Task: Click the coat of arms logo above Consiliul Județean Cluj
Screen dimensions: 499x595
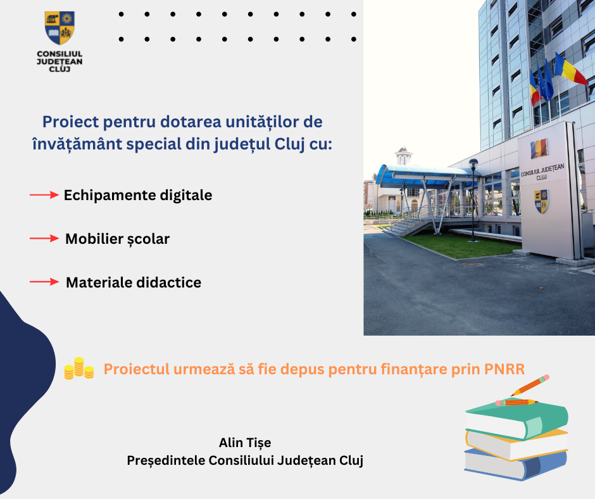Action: (59, 27)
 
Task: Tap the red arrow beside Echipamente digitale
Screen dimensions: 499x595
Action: (44, 196)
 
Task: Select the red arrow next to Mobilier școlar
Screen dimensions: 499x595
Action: (44, 239)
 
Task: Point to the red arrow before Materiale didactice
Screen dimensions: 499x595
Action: (44, 282)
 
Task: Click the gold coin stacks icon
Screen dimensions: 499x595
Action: (78, 369)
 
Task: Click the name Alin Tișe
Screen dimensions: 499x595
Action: (244, 442)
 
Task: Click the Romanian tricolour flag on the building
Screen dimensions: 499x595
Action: (570, 69)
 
